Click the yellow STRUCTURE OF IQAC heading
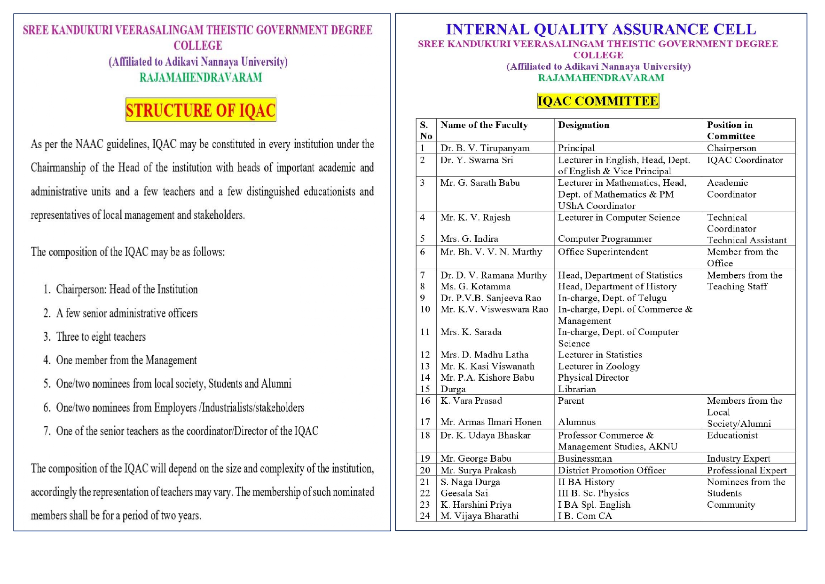[201, 110]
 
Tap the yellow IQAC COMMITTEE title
[597, 101]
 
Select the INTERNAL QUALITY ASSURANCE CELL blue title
[600, 29]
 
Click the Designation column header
[583, 125]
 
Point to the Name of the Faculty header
[484, 125]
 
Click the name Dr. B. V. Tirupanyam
[485, 148]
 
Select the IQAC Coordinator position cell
[745, 160]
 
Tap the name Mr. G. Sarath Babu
[479, 183]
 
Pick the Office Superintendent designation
[603, 252]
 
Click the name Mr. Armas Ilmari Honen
[490, 422]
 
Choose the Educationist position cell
[732, 436]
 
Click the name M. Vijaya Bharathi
[479, 516]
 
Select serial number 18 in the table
[425, 436]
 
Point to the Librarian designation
[577, 389]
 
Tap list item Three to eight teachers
[101, 337]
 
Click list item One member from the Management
[126, 360]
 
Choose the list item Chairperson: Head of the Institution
[126, 289]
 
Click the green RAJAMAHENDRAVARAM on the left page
[201, 78]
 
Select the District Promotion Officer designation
[612, 471]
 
